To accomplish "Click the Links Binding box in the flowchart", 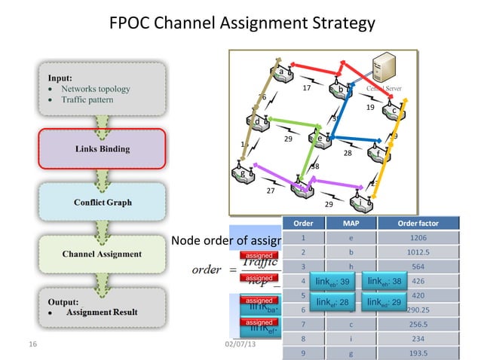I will [102, 148].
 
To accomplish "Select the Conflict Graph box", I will [102, 203].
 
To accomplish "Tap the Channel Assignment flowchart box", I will [102, 255].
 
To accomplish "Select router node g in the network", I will [244, 173].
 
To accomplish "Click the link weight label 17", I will [307, 89].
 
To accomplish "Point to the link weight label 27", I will [270, 191].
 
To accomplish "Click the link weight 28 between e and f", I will [348, 153].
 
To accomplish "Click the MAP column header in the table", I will [351, 222].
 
